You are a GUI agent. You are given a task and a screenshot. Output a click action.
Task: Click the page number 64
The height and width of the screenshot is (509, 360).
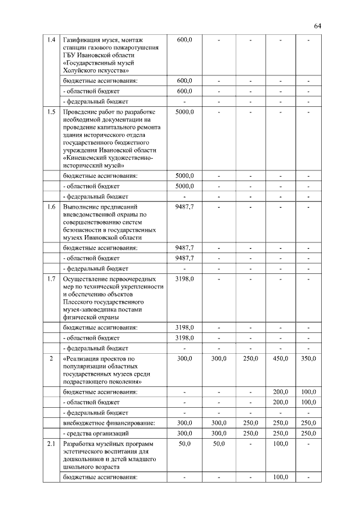coord(317,26)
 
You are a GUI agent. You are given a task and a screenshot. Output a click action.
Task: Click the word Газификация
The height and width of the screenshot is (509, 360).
coord(84,40)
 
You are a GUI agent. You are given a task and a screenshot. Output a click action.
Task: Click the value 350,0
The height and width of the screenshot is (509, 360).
coord(308,358)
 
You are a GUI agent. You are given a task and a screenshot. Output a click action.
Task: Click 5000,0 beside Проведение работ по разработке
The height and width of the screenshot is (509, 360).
coord(184,112)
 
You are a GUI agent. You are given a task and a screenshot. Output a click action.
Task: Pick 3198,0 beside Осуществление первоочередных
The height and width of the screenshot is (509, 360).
coord(184,278)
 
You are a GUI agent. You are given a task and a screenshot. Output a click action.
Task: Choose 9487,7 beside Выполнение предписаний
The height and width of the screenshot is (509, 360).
coord(184,207)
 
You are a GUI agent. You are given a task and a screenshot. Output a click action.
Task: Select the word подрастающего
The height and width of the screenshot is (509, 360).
coord(89,381)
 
